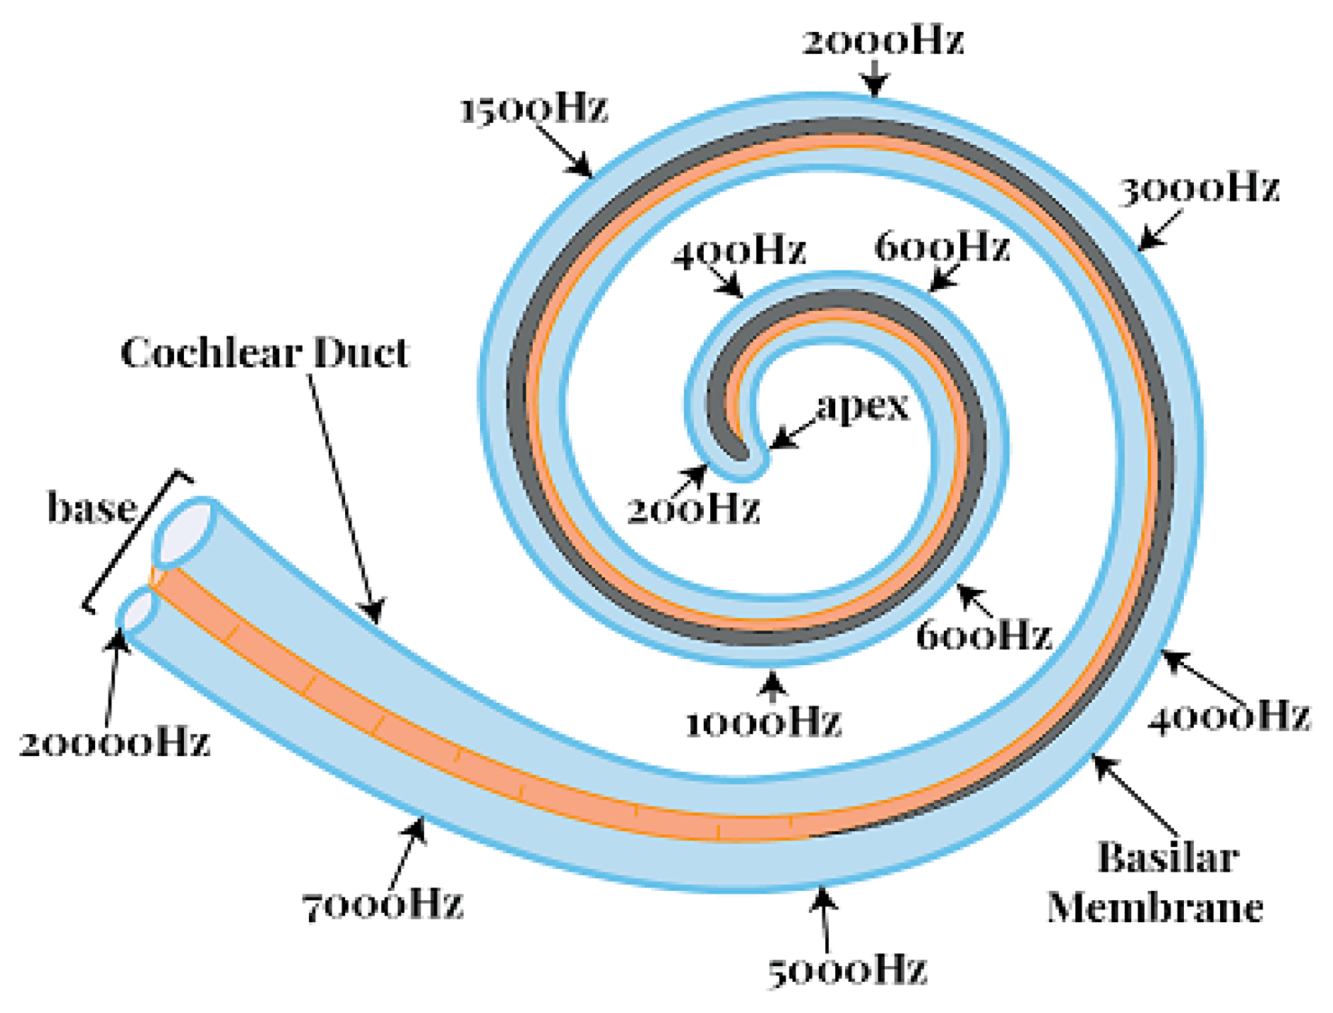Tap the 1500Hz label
pos(534,109)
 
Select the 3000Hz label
pos(1199,189)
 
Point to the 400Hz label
pos(739,251)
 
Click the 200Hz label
pos(693,509)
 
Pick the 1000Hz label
pos(763,723)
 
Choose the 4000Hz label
pos(1229,716)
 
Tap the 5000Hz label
pos(847,970)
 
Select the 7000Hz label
pos(383,905)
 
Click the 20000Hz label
pos(114,744)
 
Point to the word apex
pos(863,407)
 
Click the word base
pos(92,508)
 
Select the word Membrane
pos(1155,908)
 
